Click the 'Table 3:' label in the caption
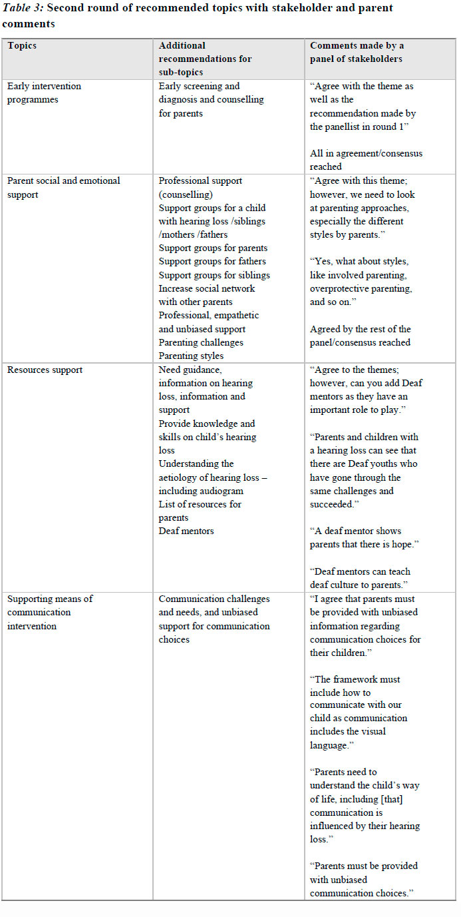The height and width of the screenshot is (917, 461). [23, 8]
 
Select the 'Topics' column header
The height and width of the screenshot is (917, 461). [22, 46]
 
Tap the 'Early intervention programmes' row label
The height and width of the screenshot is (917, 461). [44, 93]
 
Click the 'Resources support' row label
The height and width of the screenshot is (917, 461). [45, 370]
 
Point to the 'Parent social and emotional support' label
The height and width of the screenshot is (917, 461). [63, 187]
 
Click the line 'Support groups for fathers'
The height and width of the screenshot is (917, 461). [212, 262]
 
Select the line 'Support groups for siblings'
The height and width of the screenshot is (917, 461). [214, 275]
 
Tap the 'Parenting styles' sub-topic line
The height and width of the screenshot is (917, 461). [191, 356]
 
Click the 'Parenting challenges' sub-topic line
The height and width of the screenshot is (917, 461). [201, 342]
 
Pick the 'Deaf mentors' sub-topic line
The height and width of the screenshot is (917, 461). [186, 531]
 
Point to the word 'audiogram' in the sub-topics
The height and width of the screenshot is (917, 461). [222, 491]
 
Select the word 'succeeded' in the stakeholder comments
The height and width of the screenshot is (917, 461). [336, 504]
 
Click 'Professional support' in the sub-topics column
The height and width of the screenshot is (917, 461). [200, 180]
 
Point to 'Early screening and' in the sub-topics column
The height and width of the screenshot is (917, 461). [199, 86]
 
